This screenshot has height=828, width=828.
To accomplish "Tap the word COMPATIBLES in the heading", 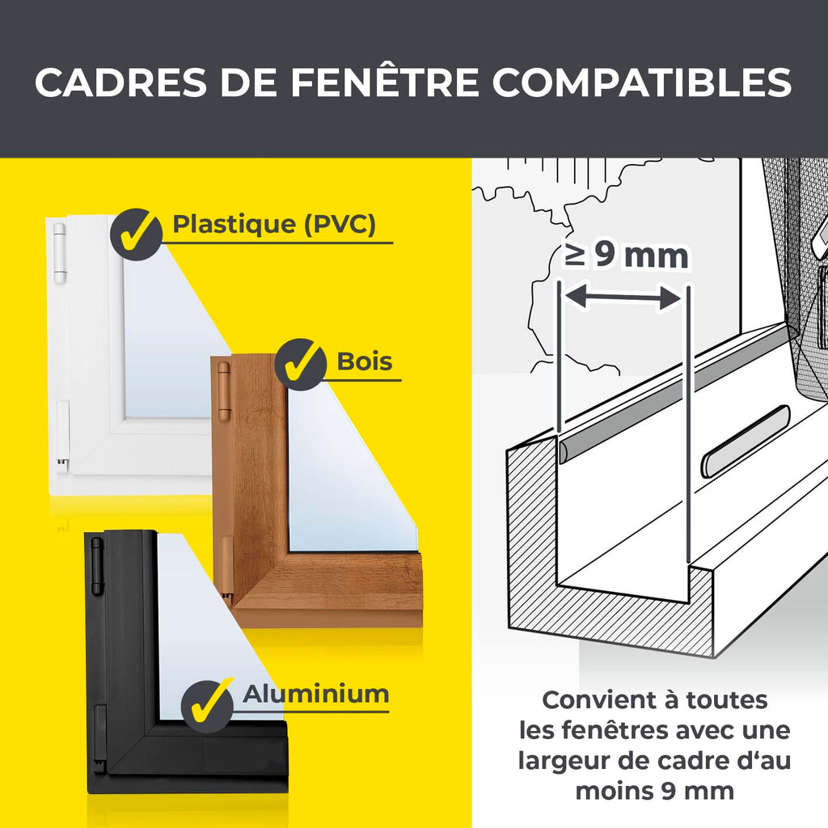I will (643, 82).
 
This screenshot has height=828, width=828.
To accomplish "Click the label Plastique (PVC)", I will (274, 224).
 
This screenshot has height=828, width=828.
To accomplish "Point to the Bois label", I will (365, 361).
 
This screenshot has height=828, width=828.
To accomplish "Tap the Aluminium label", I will (316, 694).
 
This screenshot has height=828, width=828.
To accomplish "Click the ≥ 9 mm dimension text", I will (626, 256).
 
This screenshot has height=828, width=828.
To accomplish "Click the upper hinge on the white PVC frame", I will (59, 253).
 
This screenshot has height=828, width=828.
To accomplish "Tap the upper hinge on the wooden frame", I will (224, 391).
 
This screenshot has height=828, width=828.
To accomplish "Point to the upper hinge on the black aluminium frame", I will (97, 566).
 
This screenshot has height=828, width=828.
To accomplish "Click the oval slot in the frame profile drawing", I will (745, 441).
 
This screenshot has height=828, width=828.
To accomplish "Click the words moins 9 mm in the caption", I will (655, 792).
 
